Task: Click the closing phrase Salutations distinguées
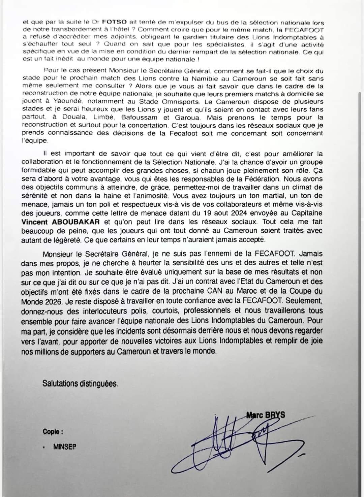80,383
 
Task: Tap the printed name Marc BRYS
265,415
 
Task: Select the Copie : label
53,432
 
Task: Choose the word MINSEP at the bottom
65,447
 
